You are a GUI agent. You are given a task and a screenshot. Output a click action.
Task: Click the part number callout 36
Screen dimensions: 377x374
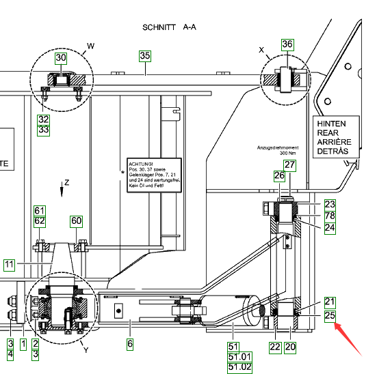pyautogui.click(x=287, y=44)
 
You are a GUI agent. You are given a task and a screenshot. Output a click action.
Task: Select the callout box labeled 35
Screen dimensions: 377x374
pyautogui.click(x=145, y=56)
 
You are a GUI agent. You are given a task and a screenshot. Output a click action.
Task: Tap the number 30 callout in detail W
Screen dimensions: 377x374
pyautogui.click(x=61, y=58)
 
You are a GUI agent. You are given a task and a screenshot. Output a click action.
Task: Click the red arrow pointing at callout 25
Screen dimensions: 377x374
pyautogui.click(x=348, y=339)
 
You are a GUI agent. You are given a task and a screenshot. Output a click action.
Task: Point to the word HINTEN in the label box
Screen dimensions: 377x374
pyautogui.click(x=331, y=124)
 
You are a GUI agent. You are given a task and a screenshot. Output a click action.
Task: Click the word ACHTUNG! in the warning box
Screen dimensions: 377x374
pyautogui.click(x=141, y=164)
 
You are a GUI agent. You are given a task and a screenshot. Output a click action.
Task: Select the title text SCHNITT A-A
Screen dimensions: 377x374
pyautogui.click(x=169, y=27)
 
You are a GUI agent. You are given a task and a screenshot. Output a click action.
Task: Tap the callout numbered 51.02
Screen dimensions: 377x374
pyautogui.click(x=239, y=367)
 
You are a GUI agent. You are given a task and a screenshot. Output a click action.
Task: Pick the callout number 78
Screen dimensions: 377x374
pyautogui.click(x=330, y=216)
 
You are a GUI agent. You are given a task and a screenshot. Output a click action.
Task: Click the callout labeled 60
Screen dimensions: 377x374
pyautogui.click(x=77, y=221)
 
